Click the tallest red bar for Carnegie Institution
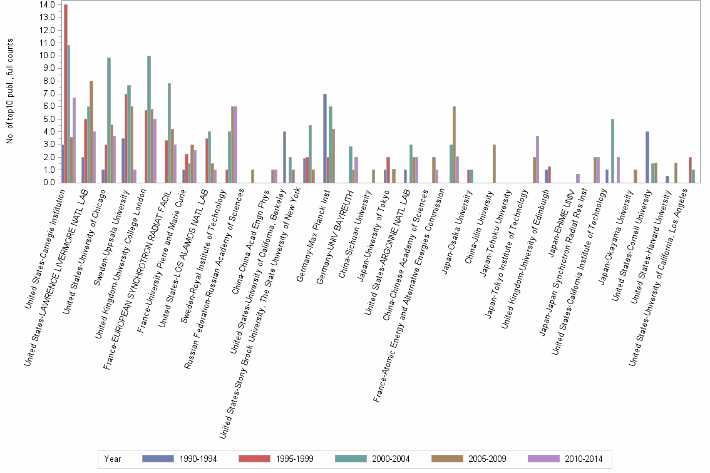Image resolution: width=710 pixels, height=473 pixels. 66,94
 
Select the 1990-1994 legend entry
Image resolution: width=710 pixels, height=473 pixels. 179,459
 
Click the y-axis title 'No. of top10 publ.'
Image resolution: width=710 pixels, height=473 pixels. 10,91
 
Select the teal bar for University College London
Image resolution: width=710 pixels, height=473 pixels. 149,119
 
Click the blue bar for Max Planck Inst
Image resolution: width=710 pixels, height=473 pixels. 325,138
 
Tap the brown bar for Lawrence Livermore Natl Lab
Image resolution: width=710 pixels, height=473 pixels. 91,131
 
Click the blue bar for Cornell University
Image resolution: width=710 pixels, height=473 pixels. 647,157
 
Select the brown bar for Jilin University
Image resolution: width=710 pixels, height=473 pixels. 494,164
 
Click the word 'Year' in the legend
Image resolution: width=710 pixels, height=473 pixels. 113,459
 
